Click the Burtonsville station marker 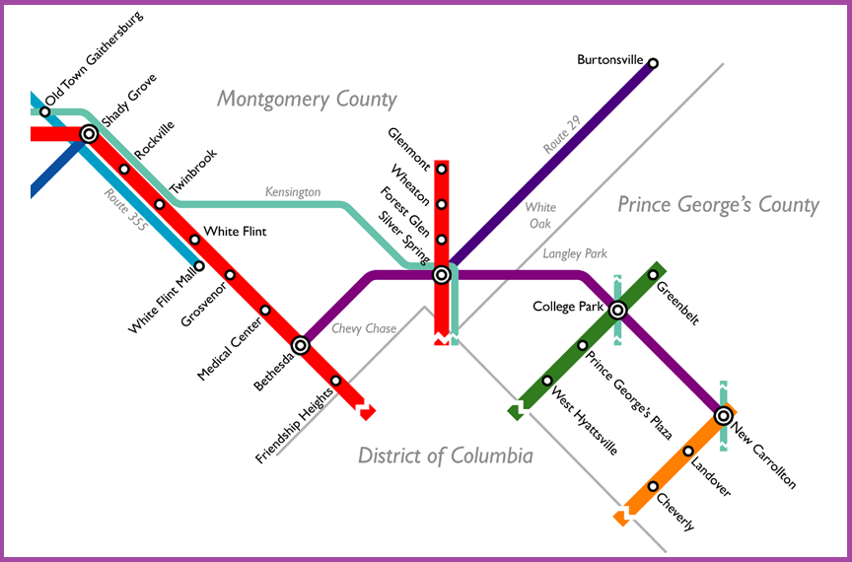pos(652,63)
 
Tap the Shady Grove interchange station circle pos(89,133)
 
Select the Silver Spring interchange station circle pos(442,275)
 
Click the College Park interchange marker pos(617,311)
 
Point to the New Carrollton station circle pos(723,416)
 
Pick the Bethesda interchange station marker pos(301,345)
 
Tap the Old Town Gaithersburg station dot pos(44,111)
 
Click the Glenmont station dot pos(442,170)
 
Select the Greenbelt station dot pos(653,275)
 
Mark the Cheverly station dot pos(653,486)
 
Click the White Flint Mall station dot pos(199,265)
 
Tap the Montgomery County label pos(307,100)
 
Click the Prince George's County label pos(718,205)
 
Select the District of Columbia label pos(445,456)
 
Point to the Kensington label pos(293,192)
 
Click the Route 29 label pos(563,134)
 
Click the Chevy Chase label pos(363,328)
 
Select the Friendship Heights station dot pos(335,381)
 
